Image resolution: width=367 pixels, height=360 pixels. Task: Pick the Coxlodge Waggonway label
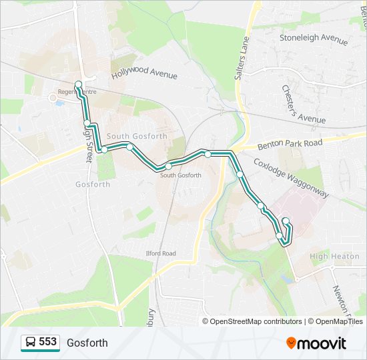(x=291, y=177)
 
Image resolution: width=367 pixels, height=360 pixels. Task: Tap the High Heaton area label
(x=334, y=256)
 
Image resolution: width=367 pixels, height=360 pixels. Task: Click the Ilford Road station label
(x=161, y=253)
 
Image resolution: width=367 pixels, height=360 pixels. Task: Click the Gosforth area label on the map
(x=93, y=185)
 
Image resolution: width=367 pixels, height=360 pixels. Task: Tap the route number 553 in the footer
(x=47, y=342)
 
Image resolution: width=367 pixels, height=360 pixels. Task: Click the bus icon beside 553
(x=31, y=343)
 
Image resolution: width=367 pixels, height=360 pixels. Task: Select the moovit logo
(x=316, y=343)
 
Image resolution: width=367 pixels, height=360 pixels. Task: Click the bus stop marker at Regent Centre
(x=79, y=85)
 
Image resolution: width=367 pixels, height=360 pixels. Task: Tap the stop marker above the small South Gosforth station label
(x=169, y=165)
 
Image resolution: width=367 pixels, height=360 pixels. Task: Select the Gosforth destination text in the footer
(x=87, y=343)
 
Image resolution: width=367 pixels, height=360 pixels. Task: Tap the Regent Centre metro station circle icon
(x=53, y=97)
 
